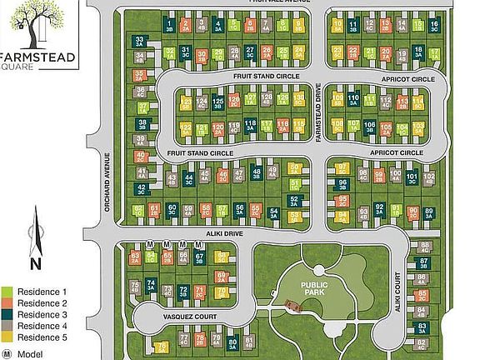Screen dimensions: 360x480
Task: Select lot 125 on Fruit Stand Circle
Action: point(218,104)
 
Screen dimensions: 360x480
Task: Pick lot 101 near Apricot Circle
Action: point(412,178)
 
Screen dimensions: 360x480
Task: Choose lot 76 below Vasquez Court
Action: point(162,347)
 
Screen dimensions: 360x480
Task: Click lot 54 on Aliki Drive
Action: point(275,213)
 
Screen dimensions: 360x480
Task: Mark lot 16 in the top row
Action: point(433,26)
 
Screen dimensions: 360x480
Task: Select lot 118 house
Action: point(249,127)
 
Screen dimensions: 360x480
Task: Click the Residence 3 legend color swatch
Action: point(8,314)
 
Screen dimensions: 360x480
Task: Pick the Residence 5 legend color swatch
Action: point(8,337)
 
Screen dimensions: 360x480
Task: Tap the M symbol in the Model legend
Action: point(7,353)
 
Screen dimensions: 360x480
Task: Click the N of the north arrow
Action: point(35,264)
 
